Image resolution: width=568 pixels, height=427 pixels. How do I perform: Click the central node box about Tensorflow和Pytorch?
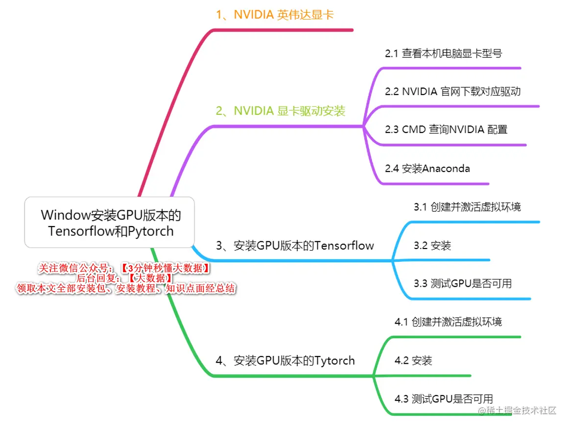click(110, 223)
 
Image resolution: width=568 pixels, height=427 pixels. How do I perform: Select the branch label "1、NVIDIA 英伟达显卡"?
click(274, 15)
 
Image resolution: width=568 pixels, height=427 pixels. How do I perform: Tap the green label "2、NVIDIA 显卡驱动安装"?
click(280, 111)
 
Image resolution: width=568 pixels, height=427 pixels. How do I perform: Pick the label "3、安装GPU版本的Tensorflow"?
click(295, 246)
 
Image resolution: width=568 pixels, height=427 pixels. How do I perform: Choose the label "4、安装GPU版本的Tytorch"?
click(285, 361)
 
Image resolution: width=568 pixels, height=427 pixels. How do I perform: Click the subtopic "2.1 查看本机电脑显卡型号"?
click(443, 53)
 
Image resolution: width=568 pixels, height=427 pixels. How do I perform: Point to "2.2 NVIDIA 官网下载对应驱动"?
click(452, 92)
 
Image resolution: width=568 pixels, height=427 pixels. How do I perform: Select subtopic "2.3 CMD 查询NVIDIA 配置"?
click(446, 130)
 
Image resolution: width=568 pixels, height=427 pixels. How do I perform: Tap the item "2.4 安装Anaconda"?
click(427, 169)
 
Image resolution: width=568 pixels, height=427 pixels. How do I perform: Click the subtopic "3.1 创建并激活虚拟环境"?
click(467, 207)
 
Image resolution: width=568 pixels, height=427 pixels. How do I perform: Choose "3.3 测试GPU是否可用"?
click(462, 283)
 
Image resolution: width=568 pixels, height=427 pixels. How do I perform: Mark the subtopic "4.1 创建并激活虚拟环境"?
click(448, 322)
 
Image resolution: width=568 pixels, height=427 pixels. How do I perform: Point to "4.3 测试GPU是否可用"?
click(444, 399)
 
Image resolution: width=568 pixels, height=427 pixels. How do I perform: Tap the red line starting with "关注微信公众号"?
click(124, 268)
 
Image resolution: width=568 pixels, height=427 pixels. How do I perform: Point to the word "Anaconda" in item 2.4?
click(446, 169)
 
